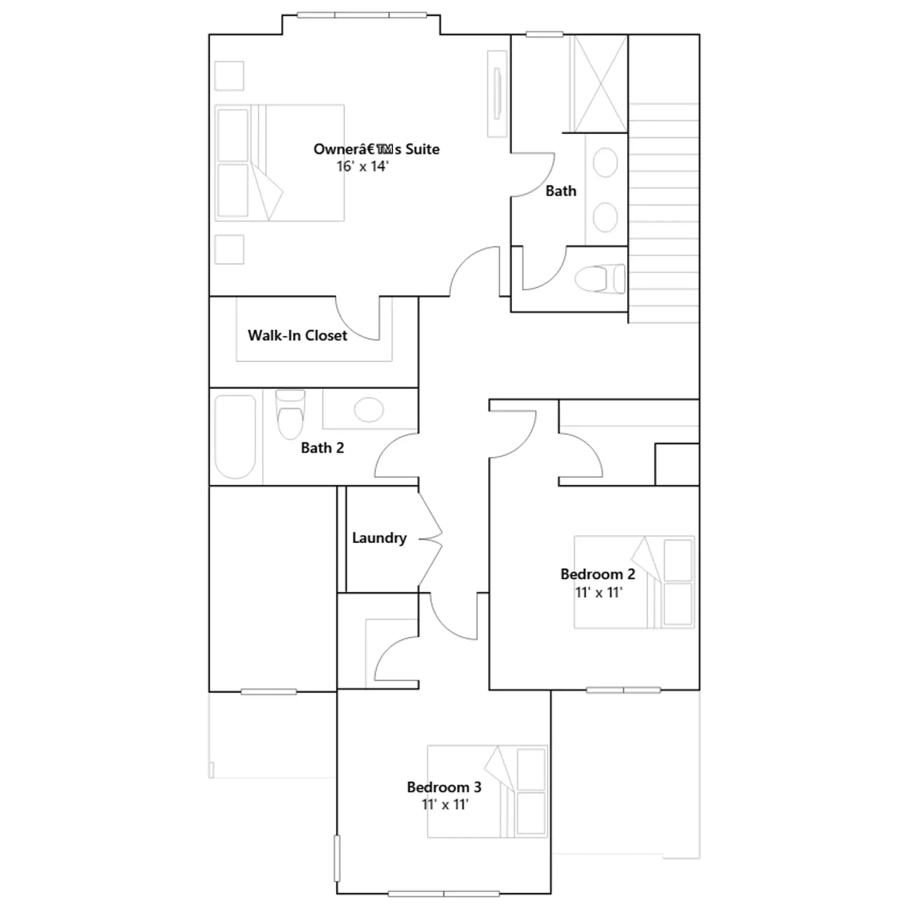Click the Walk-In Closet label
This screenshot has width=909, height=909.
click(297, 335)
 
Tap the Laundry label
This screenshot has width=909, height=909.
click(379, 538)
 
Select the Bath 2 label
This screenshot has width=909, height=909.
click(322, 448)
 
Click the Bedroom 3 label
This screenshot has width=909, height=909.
click(444, 787)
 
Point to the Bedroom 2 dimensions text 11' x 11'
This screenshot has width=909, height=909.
click(598, 592)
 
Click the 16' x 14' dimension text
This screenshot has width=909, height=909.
click(362, 166)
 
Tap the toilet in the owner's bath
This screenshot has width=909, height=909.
click(600, 279)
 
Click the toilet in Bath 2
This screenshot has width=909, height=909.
click(290, 415)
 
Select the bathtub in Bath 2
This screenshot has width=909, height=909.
click(235, 436)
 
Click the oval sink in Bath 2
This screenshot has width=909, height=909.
click(369, 410)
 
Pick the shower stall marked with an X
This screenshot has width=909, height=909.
click(599, 84)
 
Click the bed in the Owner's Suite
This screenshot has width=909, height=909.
click(280, 162)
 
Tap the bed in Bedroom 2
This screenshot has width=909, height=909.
click(634, 582)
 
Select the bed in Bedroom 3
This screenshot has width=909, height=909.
click(487, 791)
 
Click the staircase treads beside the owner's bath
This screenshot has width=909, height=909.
click(664, 213)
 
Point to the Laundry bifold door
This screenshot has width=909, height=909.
click(431, 538)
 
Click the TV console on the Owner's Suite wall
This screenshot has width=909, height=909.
click(497, 94)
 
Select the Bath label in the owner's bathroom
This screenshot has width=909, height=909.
click(561, 191)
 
